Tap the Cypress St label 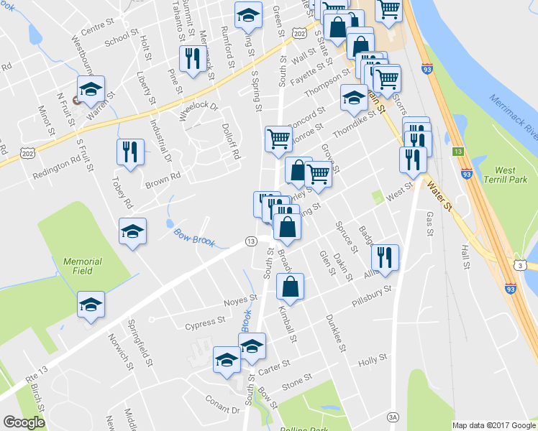coord(205,325)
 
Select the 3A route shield coord(393,416)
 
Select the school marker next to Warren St coord(91,89)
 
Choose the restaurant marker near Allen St coord(385,257)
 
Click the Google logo coord(24,422)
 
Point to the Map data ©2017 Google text coord(493,425)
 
